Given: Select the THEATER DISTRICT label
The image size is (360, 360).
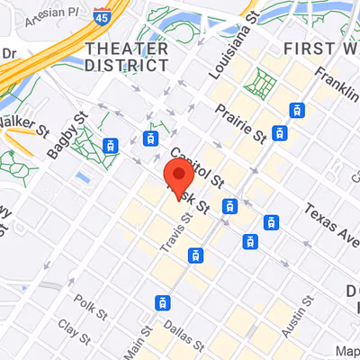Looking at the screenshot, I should coord(126,56).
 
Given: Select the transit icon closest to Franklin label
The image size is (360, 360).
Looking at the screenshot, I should coord(294,110).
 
